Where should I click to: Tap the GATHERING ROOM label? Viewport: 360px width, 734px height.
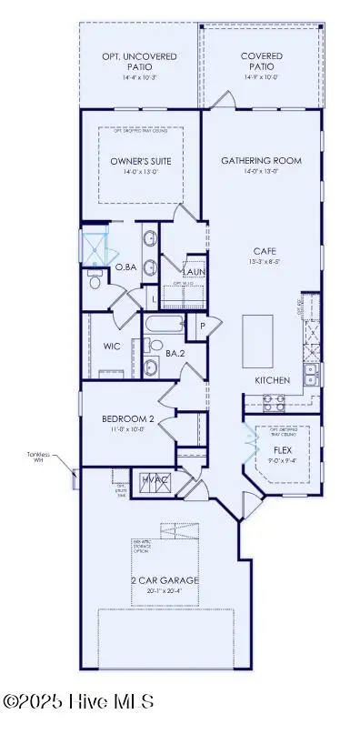[261, 161]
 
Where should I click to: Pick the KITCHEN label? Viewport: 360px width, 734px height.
[272, 379]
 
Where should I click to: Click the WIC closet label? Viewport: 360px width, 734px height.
[112, 347]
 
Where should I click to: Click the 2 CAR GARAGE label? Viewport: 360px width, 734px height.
[164, 580]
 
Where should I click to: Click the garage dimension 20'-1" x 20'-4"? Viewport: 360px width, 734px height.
[164, 592]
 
